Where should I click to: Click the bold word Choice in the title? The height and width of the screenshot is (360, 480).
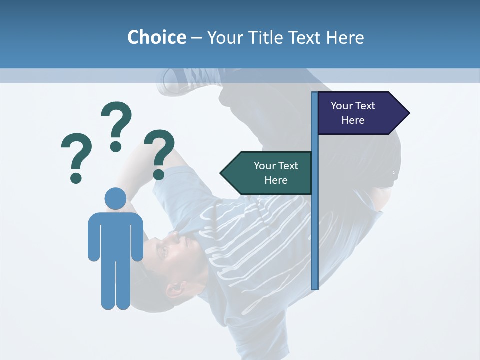pyautogui.click(x=156, y=37)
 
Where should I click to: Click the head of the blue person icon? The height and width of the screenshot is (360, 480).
pyautogui.click(x=115, y=198)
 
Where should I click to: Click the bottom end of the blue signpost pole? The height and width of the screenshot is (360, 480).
pyautogui.click(x=314, y=287)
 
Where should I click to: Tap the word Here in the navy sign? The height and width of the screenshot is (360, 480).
pyautogui.click(x=353, y=120)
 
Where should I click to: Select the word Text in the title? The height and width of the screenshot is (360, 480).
pyautogui.click(x=304, y=37)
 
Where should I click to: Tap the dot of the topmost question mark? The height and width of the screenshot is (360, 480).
pyautogui.click(x=116, y=146)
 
